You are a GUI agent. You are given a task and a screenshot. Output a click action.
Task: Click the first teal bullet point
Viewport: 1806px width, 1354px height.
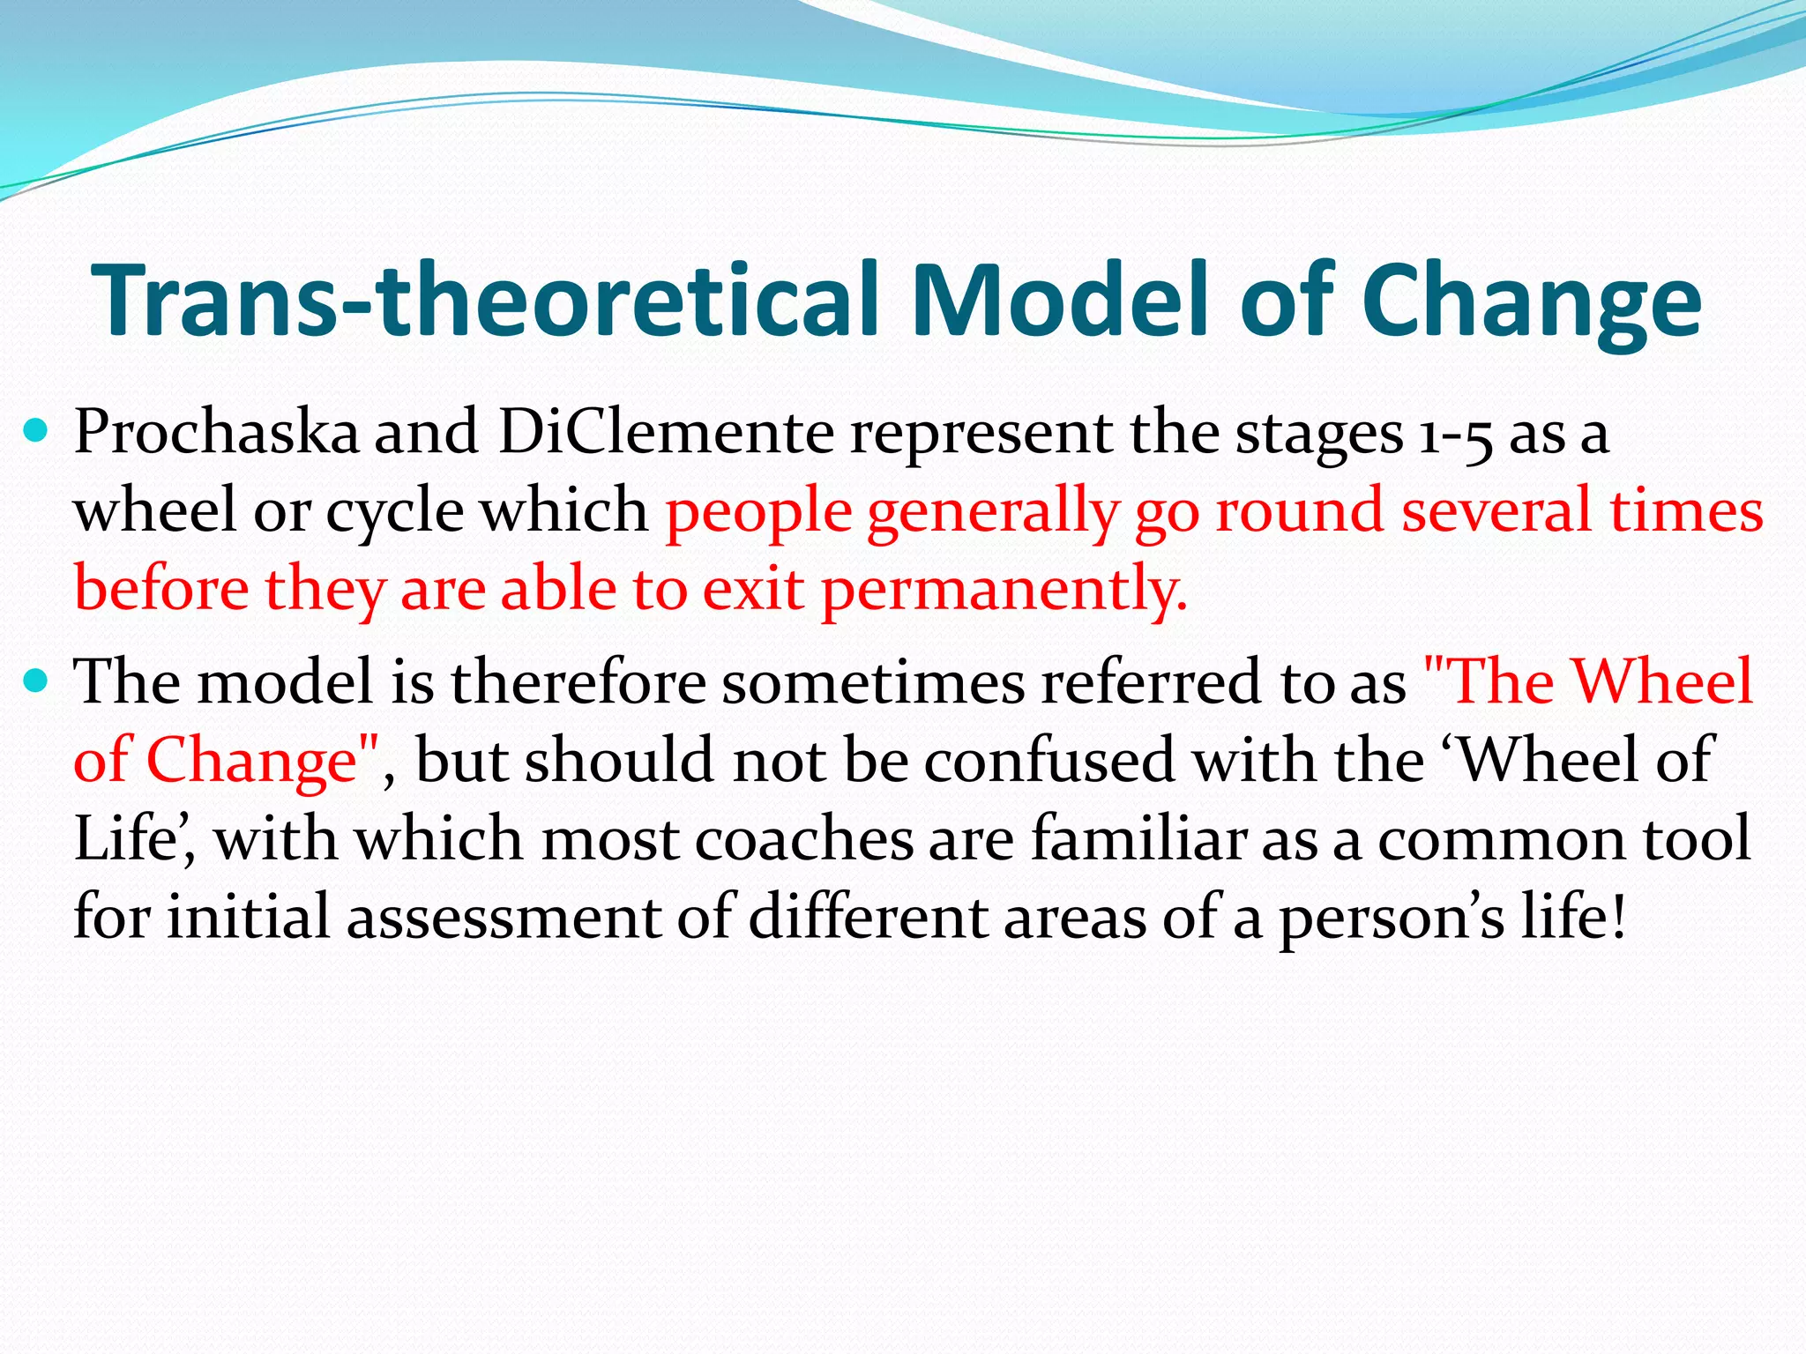36,432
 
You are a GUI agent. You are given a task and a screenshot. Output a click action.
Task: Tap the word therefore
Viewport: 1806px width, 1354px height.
578,682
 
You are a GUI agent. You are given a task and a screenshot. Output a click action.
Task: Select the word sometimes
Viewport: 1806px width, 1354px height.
873,682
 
